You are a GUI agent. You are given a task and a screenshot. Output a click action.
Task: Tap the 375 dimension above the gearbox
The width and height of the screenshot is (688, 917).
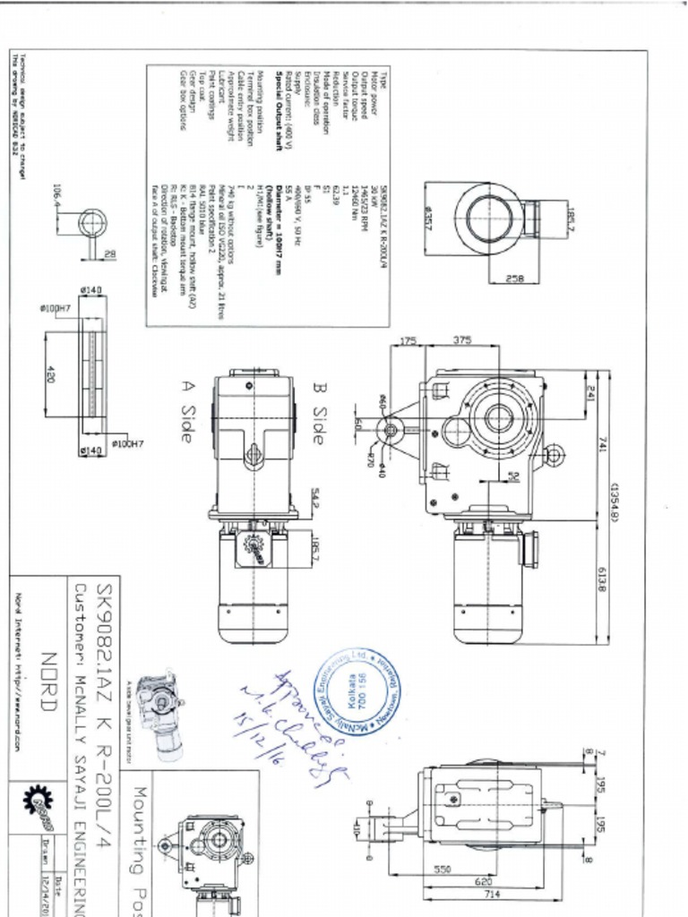(463, 340)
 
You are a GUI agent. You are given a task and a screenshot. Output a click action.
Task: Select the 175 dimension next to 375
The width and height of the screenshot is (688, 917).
(408, 340)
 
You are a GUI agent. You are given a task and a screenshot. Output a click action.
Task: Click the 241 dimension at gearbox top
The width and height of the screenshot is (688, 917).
(590, 392)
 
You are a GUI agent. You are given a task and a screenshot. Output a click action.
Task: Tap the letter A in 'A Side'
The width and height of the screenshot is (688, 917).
(187, 388)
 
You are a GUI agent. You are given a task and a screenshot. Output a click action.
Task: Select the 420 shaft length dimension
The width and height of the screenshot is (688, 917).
(50, 374)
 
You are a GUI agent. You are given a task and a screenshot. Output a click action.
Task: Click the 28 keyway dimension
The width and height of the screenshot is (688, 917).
(109, 256)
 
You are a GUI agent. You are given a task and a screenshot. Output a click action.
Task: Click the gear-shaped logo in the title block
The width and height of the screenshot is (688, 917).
(39, 802)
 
